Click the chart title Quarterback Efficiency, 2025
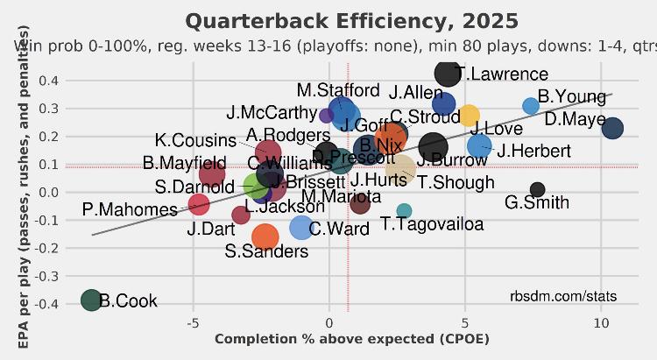[x=352, y=20]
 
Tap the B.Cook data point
[x=91, y=300]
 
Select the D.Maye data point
[x=612, y=128]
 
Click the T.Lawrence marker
[x=447, y=74]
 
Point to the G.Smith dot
[x=538, y=189]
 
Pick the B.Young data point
[x=531, y=106]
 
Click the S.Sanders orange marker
[x=264, y=236]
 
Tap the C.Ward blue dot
[x=301, y=228]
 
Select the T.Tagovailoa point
[x=404, y=211]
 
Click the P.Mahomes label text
[x=130, y=209]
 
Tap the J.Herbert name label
[x=533, y=151]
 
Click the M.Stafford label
[x=337, y=90]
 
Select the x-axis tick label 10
[x=601, y=323]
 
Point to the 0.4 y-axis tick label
[x=49, y=81]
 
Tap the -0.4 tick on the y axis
[x=46, y=303]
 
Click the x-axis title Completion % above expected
[x=352, y=339]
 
